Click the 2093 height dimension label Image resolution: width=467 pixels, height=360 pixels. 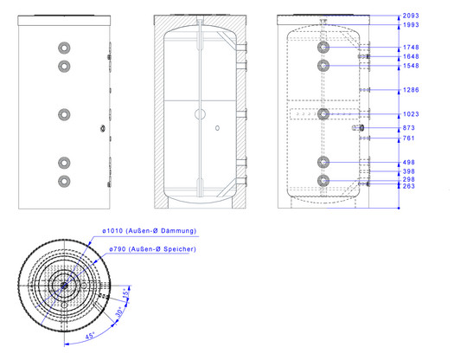point(411,16)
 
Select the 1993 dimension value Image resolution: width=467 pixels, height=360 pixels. point(411,25)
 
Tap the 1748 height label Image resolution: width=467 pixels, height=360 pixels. point(411,48)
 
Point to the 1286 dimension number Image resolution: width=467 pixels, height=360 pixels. point(411,90)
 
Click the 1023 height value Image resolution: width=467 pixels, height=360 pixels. point(411,114)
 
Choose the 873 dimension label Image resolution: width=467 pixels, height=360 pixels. point(408,128)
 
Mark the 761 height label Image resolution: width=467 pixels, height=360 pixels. point(408,138)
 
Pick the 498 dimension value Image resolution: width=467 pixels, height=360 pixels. point(408,163)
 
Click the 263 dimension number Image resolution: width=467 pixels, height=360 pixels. point(408,186)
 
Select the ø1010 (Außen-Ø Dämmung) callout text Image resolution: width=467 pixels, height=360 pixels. point(150,231)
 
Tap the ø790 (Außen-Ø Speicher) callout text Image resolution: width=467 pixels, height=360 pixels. point(152,249)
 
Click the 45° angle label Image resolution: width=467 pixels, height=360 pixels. point(90,336)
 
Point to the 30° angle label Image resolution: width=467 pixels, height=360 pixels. point(119,312)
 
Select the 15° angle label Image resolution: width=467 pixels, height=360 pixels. point(126,292)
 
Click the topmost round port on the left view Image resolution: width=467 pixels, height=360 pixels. point(64,48)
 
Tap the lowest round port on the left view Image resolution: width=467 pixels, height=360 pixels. point(64,182)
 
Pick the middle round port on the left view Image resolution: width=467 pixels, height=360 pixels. point(64,114)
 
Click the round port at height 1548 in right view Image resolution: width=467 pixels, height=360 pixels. point(323,66)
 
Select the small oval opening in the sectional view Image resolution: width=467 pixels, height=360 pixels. point(217,128)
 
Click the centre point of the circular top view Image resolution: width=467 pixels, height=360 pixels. point(64,286)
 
